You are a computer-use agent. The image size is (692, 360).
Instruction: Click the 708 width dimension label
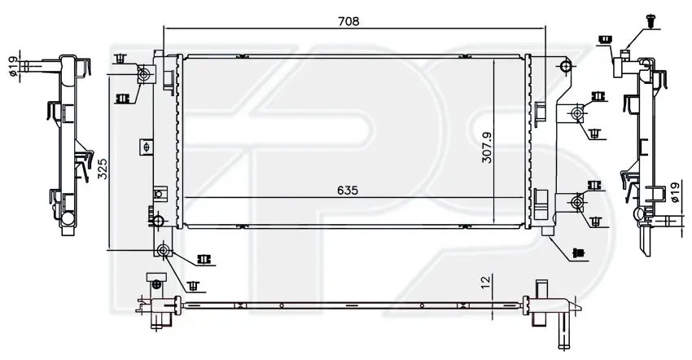pyautogui.click(x=348, y=21)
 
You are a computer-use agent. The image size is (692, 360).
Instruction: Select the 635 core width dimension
pyautogui.click(x=348, y=191)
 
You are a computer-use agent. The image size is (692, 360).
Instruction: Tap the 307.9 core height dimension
pyautogui.click(x=487, y=147)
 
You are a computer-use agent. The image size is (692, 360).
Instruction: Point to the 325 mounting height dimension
pyautogui.click(x=103, y=169)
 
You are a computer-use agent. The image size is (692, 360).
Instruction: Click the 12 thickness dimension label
pyautogui.click(x=485, y=281)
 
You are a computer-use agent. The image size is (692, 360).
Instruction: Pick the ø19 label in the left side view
pyautogui.click(x=13, y=66)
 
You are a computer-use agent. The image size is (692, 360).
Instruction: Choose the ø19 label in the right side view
pyautogui.click(x=674, y=193)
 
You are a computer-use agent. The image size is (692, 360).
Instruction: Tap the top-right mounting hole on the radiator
pyautogui.click(x=565, y=67)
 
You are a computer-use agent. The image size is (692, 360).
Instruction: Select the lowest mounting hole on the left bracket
pyautogui.click(x=164, y=251)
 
